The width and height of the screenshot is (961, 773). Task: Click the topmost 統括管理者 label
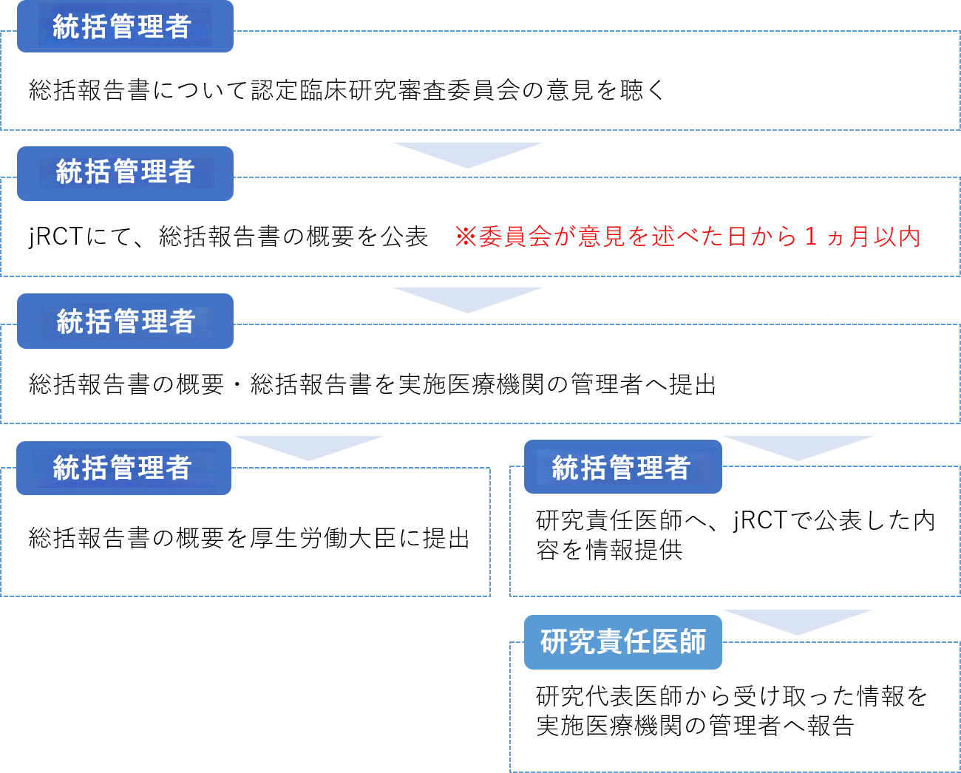coord(124,27)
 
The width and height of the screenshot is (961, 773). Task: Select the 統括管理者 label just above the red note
coord(124,173)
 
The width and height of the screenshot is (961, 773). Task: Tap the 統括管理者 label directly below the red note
coord(124,321)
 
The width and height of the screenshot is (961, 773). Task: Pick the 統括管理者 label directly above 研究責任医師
coord(622,467)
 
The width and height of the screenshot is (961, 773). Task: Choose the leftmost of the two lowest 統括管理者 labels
coord(123,468)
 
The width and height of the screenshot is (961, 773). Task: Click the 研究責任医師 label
coord(622,641)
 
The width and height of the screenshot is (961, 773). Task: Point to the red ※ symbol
coord(466,236)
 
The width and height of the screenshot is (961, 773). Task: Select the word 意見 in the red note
coord(602,236)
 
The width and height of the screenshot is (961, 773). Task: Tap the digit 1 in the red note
coord(811,236)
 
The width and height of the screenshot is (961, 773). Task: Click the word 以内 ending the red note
coord(897,236)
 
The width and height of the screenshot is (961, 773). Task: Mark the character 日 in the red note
coord(737,236)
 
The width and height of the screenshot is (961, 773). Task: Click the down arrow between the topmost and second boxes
coord(468,154)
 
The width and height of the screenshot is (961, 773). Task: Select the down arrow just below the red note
coord(468,299)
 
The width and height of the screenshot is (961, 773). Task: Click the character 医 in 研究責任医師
coord(665,641)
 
